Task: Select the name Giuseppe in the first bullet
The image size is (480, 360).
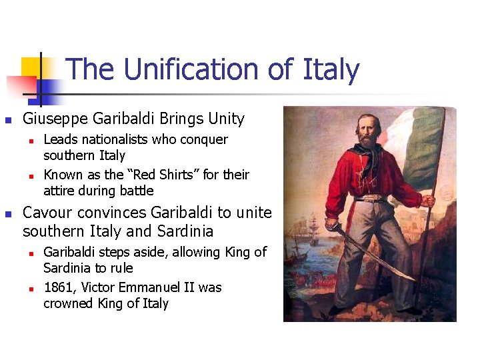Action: [56, 119]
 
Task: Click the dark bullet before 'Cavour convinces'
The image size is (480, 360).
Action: [8, 213]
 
